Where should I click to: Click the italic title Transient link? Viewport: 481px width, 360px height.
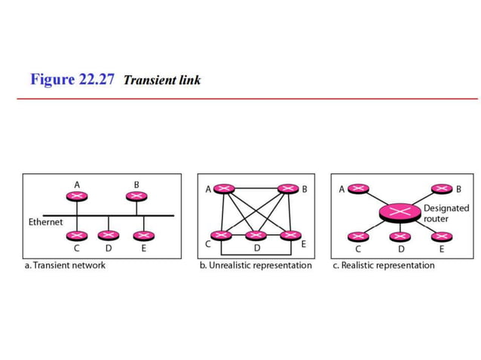tap(162, 80)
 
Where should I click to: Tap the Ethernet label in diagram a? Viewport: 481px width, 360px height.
tap(45, 222)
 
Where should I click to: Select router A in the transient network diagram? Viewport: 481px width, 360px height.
tap(77, 196)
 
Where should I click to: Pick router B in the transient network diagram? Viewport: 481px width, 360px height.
tap(136, 196)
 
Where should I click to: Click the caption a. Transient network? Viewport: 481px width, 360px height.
tap(64, 265)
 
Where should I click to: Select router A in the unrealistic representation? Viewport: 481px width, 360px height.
tap(223, 189)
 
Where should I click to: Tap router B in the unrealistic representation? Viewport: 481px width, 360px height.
tap(288, 189)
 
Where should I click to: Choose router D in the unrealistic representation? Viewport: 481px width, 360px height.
tap(256, 236)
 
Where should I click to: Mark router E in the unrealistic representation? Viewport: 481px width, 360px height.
tap(290, 236)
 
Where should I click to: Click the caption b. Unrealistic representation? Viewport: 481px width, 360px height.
tap(255, 265)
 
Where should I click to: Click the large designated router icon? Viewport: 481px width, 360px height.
tap(400, 212)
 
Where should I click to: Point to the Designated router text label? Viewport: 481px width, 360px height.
tap(446, 212)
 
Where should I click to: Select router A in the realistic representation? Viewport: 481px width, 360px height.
tap(358, 189)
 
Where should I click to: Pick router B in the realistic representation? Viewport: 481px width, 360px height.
tap(441, 189)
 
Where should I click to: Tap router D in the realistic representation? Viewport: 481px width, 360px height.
tap(400, 236)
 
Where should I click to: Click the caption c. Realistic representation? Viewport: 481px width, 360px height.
tap(384, 265)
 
